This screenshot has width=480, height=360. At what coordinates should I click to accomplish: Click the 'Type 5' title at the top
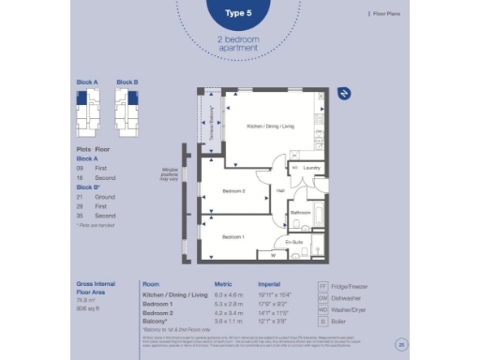pyautogui.click(x=239, y=13)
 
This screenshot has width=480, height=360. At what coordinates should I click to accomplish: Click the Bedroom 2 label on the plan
pyautogui.click(x=233, y=191)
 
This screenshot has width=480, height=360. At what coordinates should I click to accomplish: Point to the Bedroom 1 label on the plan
pyautogui.click(x=233, y=236)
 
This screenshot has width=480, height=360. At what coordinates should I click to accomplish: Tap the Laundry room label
pyautogui.click(x=311, y=169)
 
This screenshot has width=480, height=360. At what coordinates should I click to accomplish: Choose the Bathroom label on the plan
pyautogui.click(x=300, y=213)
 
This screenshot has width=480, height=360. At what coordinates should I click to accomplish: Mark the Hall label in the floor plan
pyautogui.click(x=280, y=191)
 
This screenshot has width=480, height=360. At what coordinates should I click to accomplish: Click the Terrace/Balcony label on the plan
pyautogui.click(x=213, y=120)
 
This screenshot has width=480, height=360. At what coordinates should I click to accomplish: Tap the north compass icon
pyautogui.click(x=343, y=93)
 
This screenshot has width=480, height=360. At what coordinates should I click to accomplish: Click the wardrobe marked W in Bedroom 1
pyautogui.click(x=273, y=254)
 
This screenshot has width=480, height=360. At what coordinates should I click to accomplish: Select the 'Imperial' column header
pyautogui.click(x=271, y=283)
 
